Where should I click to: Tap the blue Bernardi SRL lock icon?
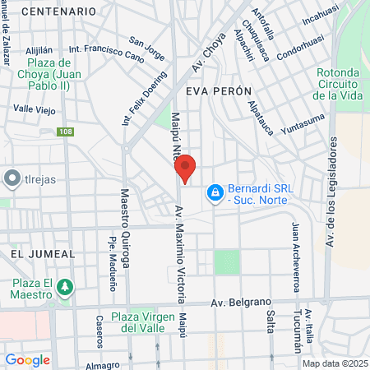[x=214, y=192]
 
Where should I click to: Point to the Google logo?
[x=27, y=359]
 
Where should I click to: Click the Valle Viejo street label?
[x=34, y=109]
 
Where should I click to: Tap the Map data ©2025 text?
[x=335, y=363]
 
